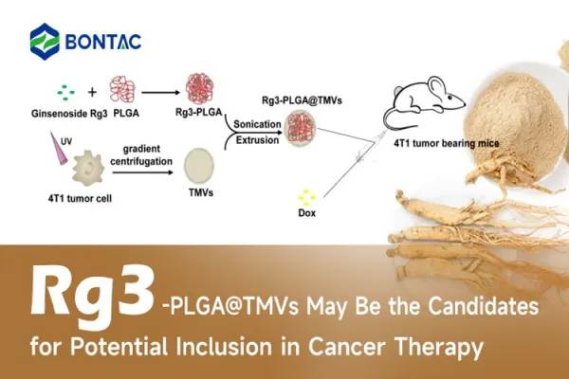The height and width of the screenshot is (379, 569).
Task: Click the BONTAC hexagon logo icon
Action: (x=46, y=41)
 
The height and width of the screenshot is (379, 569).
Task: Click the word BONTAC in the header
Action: (x=105, y=41)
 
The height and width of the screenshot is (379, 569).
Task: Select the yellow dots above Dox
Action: (x=306, y=196)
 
